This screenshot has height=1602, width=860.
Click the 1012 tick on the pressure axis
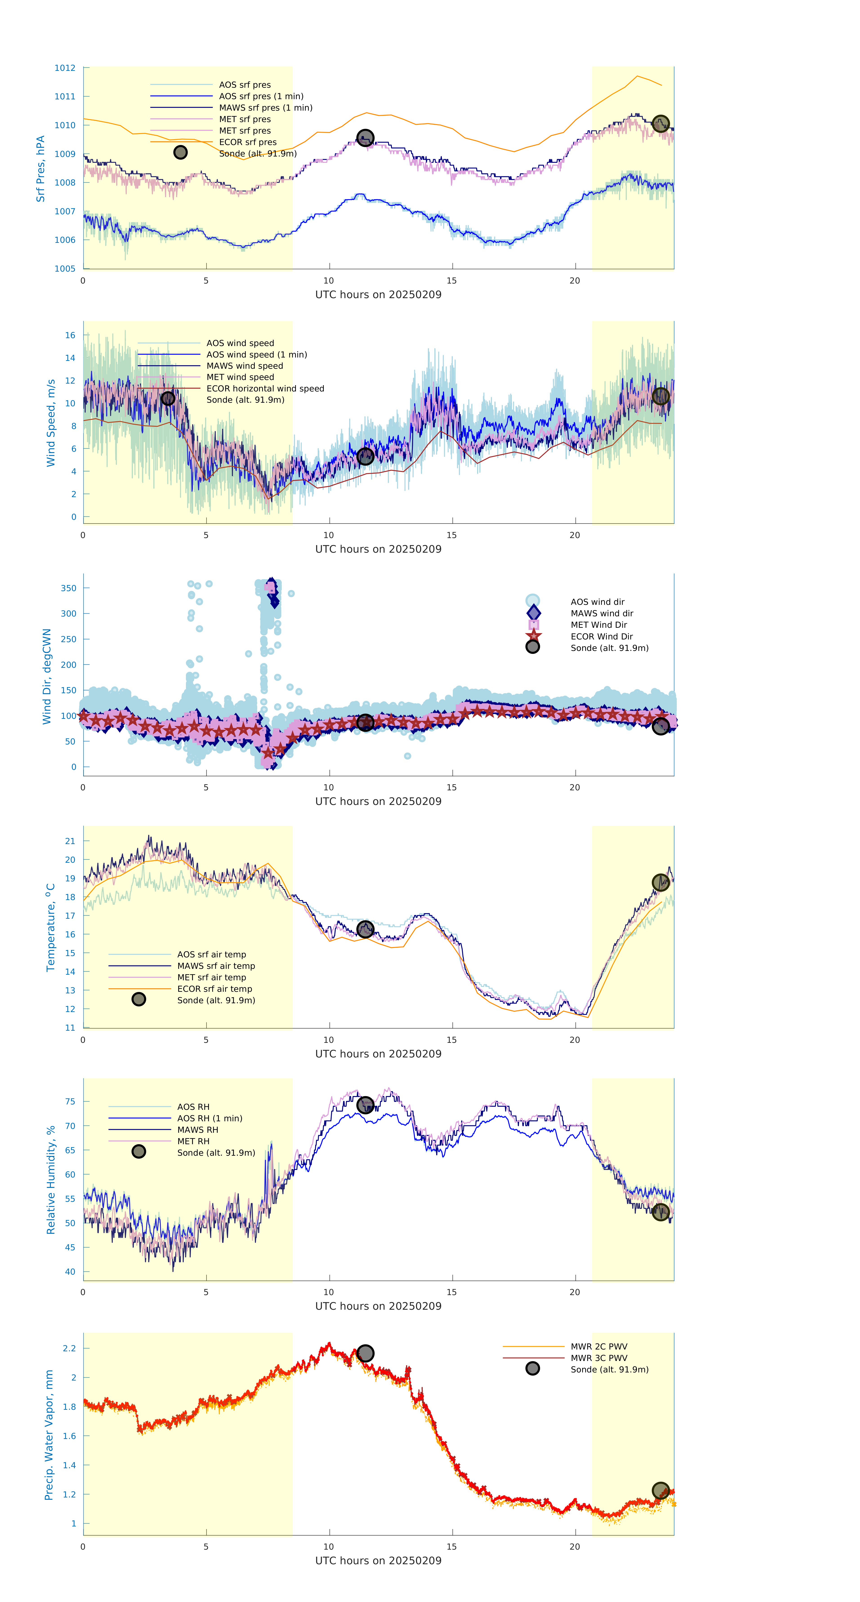(65, 68)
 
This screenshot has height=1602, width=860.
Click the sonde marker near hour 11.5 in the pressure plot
(365, 137)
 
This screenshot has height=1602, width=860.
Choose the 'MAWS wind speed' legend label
(244, 366)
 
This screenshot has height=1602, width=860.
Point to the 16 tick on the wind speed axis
(70, 335)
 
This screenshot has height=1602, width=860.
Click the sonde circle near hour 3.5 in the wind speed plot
(168, 398)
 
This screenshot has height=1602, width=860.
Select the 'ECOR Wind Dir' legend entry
(601, 636)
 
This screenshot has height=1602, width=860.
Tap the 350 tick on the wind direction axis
(68, 588)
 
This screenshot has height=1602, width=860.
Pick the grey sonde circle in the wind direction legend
(532, 647)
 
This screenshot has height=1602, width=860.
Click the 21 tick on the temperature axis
(70, 841)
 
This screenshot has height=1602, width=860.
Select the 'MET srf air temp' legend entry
(211, 977)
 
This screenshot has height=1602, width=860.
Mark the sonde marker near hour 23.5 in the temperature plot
(660, 883)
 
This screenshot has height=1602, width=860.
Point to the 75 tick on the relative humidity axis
(70, 1101)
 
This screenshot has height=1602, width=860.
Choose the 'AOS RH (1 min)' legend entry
(210, 1118)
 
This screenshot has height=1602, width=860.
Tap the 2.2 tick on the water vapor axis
(69, 1348)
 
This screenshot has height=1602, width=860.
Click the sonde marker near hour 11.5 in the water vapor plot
(365, 1353)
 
